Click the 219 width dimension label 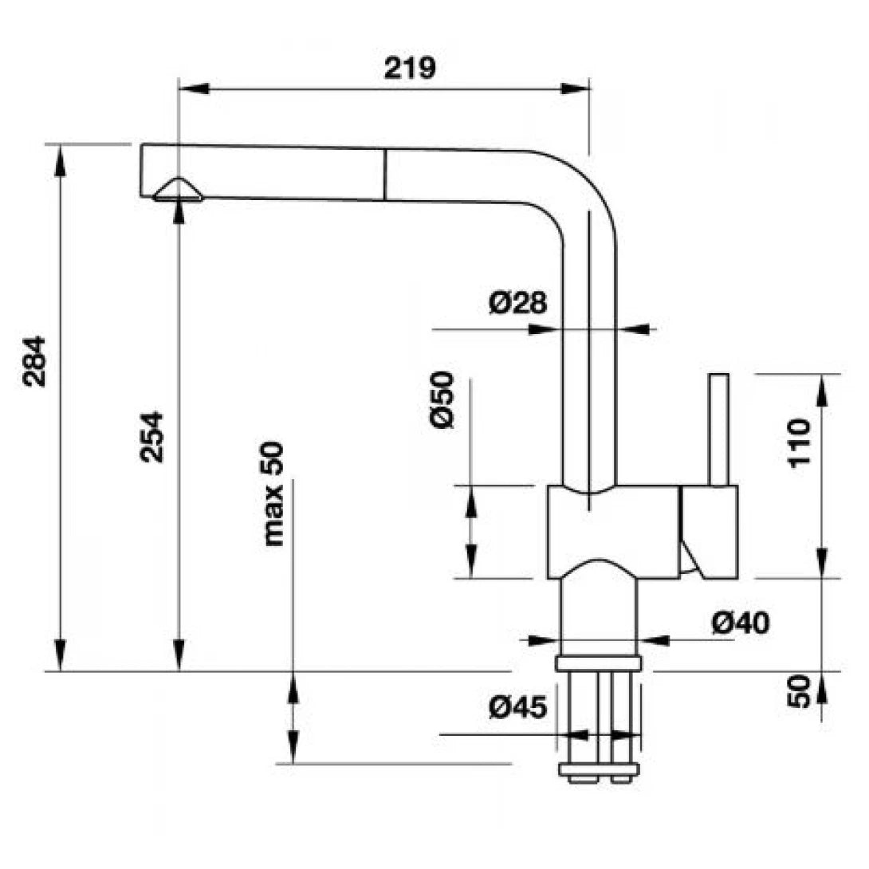tap(410, 68)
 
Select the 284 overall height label tap(36, 361)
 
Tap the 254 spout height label tap(151, 436)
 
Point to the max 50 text tap(273, 494)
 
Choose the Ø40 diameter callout tap(741, 623)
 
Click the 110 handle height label tap(798, 443)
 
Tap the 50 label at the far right tap(798, 691)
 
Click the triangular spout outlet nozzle tap(178, 190)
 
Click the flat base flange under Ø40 tap(600, 663)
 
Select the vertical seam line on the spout tap(384, 174)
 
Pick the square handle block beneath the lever tap(709, 531)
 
